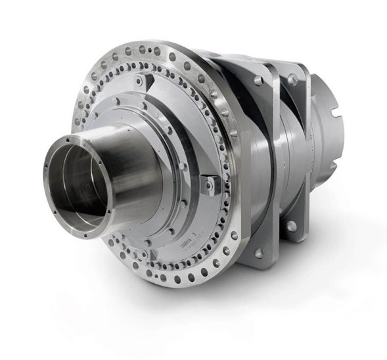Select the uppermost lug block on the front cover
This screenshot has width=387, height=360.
pos(139,82)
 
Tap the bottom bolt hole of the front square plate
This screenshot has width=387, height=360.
pos(258,253)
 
